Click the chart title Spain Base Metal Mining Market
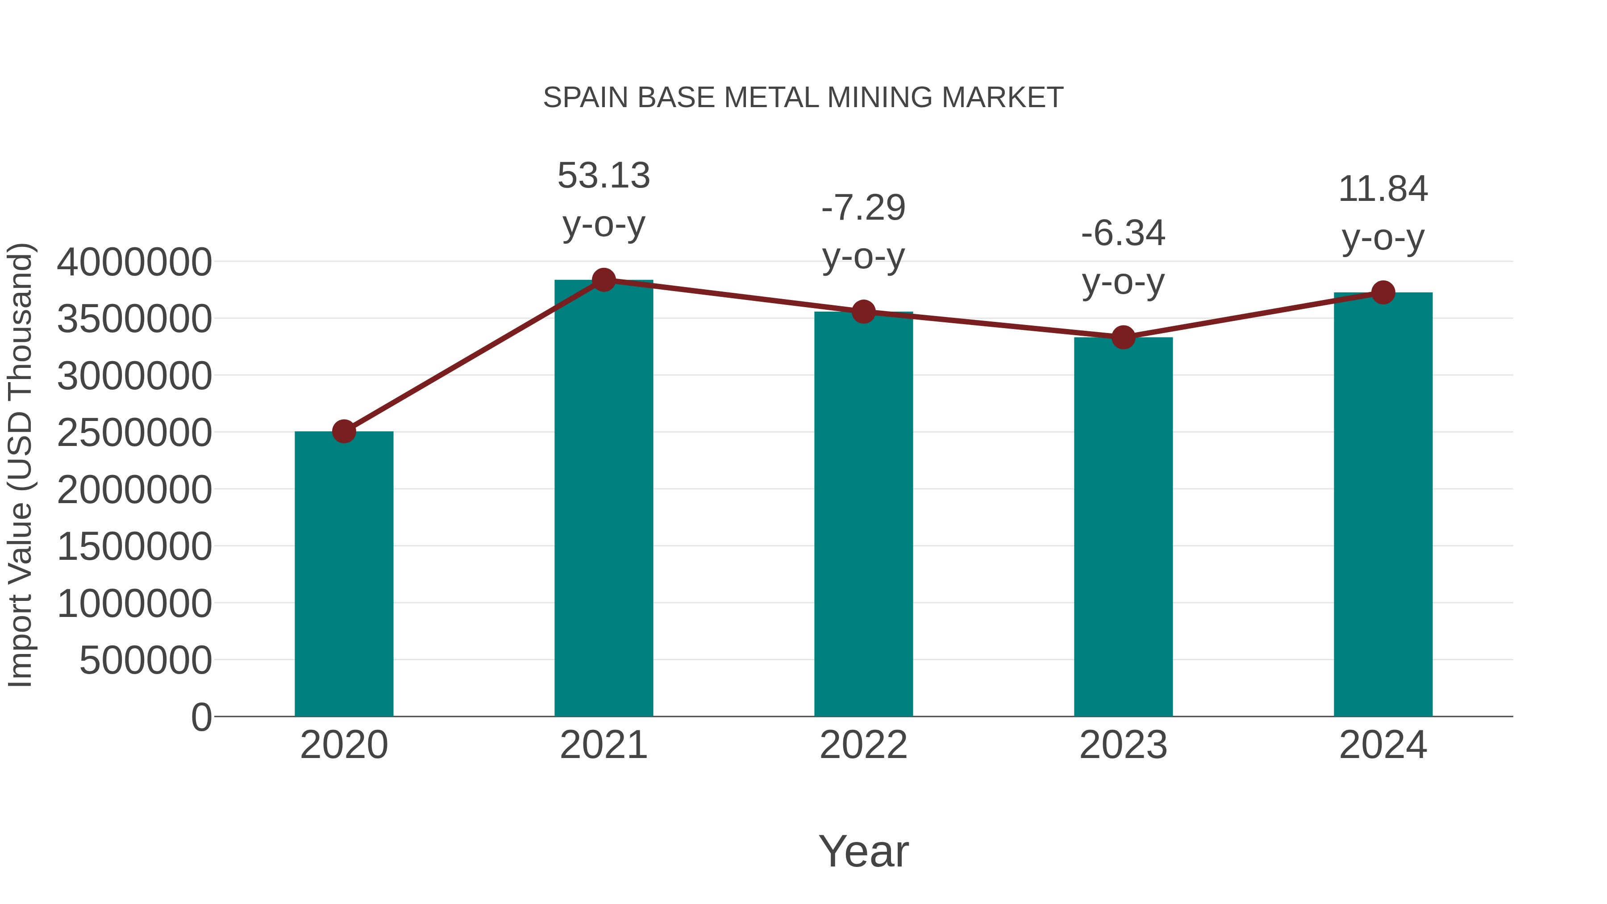pyautogui.click(x=803, y=98)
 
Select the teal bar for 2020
pyautogui.click(x=344, y=574)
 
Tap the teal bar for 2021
pyautogui.click(x=603, y=499)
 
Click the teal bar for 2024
pyautogui.click(x=1383, y=505)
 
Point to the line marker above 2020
pyautogui.click(x=344, y=431)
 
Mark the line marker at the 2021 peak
pyautogui.click(x=603, y=280)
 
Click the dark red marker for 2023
pyautogui.click(x=1123, y=337)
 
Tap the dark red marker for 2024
pyautogui.click(x=1383, y=292)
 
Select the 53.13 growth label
pyautogui.click(x=603, y=176)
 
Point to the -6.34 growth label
pyautogui.click(x=1123, y=234)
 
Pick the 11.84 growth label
pyautogui.click(x=1383, y=189)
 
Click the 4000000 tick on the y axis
pyautogui.click(x=134, y=262)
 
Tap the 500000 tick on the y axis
pyautogui.click(x=146, y=660)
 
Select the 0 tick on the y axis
pyautogui.click(x=201, y=717)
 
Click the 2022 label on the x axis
pyautogui.click(x=863, y=745)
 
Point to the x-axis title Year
pyautogui.click(x=863, y=851)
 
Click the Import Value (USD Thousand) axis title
pyautogui.click(x=20, y=465)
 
